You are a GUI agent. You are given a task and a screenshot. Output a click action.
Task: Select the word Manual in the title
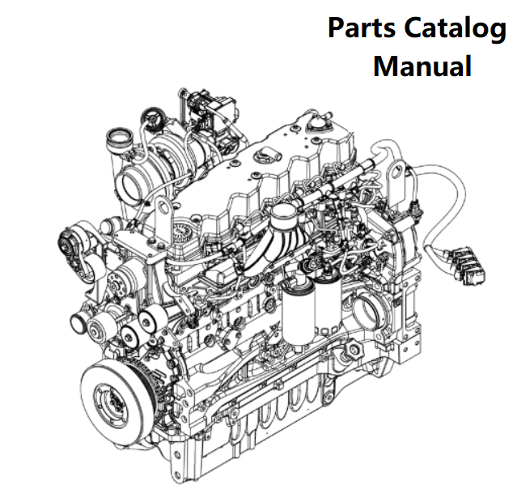pos(422,66)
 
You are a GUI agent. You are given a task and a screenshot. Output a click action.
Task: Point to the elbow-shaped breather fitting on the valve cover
pos(268,154)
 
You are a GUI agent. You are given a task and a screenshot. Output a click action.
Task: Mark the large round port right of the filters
pos(370,308)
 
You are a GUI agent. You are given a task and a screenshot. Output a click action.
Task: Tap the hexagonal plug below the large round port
pos(354,350)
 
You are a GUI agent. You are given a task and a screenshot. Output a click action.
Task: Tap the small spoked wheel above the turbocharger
pos(152,116)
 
